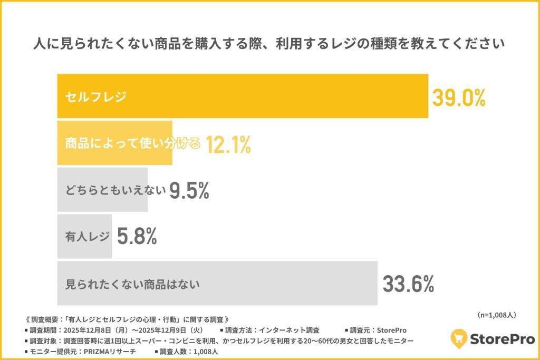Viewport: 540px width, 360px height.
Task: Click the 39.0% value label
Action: pos(458,98)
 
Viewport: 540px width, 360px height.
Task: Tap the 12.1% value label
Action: pos(228,144)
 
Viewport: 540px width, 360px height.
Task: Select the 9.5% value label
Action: pos(189,191)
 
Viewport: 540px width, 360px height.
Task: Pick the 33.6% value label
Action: pos(408,284)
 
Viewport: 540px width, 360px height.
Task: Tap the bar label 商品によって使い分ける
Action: pos(132,143)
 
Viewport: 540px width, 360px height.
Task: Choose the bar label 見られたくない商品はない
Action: pos(132,284)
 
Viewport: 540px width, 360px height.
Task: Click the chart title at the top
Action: pos(269,43)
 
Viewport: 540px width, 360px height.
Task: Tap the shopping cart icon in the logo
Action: pos(460,338)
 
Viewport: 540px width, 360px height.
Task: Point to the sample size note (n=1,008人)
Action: pos(496,315)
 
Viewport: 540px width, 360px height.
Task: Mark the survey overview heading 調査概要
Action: pos(127,319)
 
